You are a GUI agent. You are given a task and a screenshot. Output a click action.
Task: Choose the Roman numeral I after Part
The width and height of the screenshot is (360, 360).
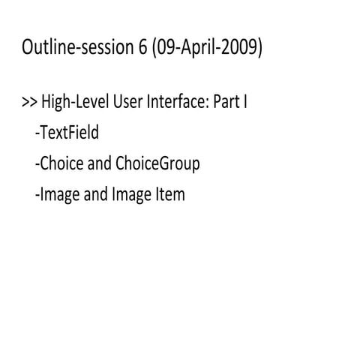point(245,103)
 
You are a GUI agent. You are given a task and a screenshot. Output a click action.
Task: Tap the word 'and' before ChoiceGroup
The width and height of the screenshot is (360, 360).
point(97,164)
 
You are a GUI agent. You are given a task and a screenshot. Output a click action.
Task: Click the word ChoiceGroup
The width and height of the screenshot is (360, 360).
point(157,164)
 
